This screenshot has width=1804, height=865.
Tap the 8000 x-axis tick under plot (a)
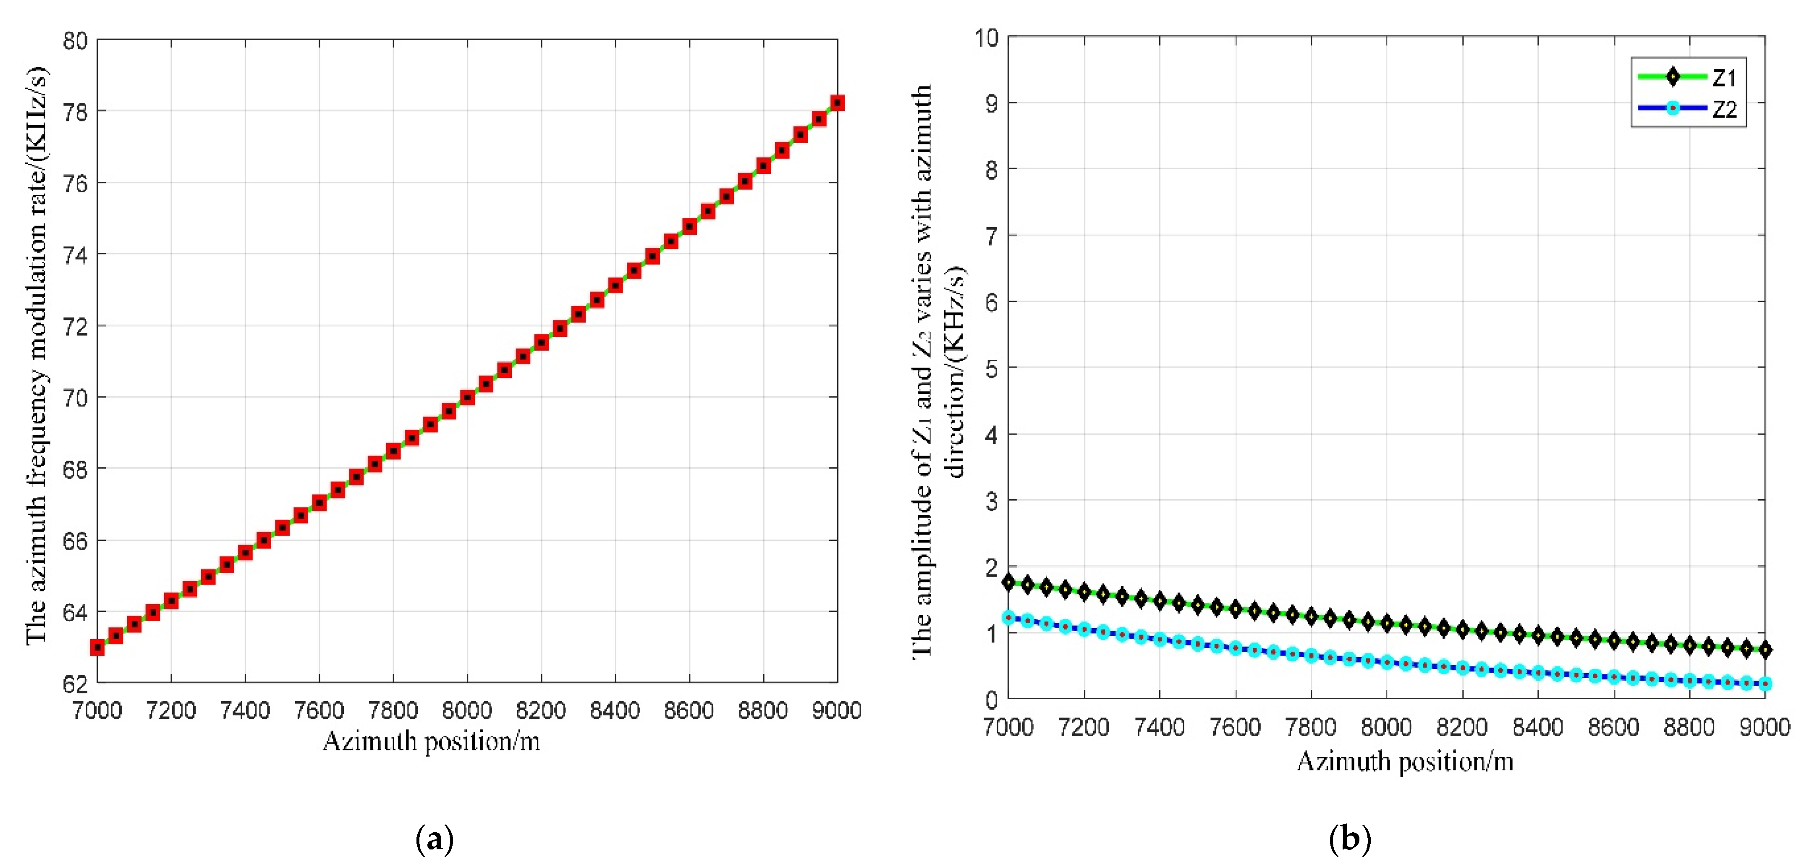(x=467, y=710)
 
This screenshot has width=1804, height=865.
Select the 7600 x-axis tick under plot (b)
(x=1236, y=727)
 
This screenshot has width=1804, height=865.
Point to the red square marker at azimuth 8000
(x=467, y=398)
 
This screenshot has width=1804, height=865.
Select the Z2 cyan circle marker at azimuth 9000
(x=1765, y=684)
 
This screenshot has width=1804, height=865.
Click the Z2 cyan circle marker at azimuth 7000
(x=1008, y=618)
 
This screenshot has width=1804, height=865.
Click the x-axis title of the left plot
(x=432, y=741)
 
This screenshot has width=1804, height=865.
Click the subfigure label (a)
(x=434, y=839)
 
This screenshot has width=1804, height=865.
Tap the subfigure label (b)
(x=1349, y=839)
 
